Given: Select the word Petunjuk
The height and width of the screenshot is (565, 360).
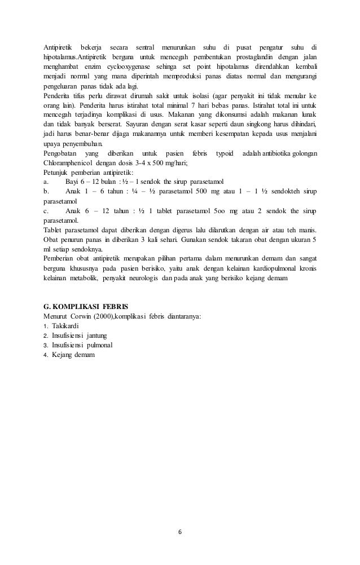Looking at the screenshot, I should point(57,173).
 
